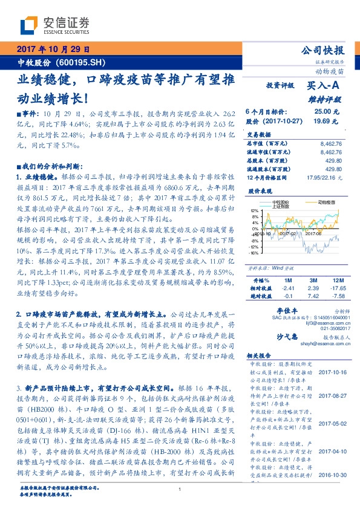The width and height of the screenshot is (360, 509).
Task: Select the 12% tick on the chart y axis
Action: (x=254, y=211)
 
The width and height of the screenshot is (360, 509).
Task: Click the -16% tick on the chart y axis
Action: (x=254, y=253)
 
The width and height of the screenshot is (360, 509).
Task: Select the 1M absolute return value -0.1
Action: (x=288, y=296)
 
